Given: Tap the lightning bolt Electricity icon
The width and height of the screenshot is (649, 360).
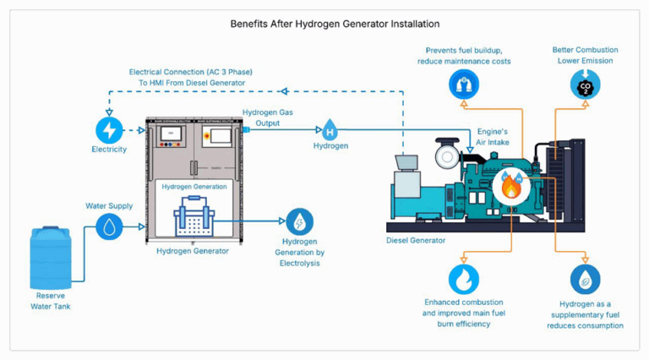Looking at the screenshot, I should click(108, 130).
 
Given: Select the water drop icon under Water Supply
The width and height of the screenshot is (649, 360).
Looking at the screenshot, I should click(109, 226).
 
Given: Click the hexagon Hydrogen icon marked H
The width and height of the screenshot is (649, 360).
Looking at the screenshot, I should click(330, 130).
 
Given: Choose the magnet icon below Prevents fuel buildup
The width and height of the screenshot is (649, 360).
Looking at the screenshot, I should click(463, 83).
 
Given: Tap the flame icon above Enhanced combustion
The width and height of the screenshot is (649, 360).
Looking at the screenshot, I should click(463, 279).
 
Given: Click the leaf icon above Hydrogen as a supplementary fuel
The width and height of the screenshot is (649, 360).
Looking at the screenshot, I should click(585, 279).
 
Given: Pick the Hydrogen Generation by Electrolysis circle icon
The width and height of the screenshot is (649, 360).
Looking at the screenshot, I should click(299, 222).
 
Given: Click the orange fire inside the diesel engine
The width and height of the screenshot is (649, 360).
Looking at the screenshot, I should click(511, 187).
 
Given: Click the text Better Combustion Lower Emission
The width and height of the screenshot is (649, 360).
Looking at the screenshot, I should click(585, 55).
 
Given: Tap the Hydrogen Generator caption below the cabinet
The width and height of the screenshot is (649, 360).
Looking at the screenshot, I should click(193, 251).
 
